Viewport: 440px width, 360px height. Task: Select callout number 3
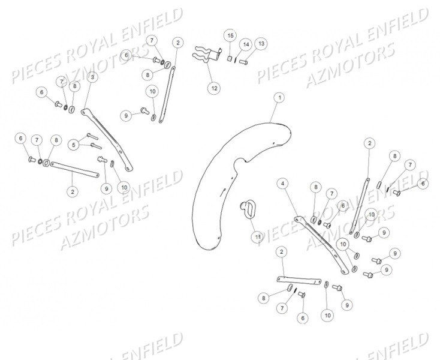pos(92,77)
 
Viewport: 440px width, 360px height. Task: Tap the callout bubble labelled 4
pos(283,183)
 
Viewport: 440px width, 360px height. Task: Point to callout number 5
pos(74,144)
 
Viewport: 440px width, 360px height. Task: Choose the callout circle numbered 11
pos(257,237)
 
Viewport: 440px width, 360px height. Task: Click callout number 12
pos(214,88)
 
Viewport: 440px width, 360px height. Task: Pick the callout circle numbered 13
pos(261,44)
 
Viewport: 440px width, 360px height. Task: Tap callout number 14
pos(246,44)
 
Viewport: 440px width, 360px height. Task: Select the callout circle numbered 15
pos(230,37)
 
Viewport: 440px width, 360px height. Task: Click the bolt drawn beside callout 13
pos(243,61)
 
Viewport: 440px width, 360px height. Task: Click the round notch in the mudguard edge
pos(242,162)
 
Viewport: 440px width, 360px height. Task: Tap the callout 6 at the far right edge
pos(423,183)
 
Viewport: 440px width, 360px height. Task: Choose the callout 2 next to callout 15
pos(178,43)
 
